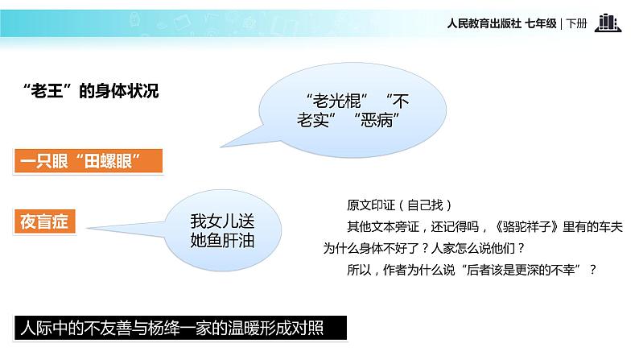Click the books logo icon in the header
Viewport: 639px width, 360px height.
(x=608, y=23)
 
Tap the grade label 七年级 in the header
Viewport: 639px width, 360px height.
(x=540, y=24)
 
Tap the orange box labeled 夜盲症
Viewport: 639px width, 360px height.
(x=46, y=220)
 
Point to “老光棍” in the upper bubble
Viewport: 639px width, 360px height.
(x=337, y=101)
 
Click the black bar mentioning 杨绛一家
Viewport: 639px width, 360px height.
(x=181, y=329)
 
